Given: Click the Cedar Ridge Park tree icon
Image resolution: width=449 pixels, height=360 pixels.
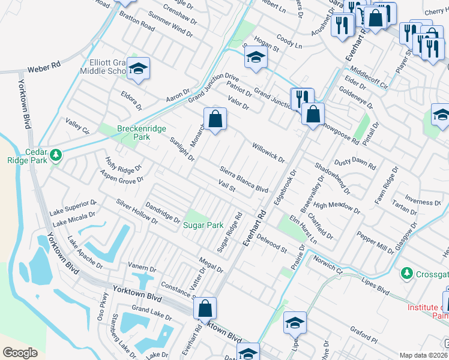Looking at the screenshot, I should click(x=56, y=155).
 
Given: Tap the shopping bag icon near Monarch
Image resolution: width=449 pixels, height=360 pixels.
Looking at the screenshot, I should click(x=215, y=119).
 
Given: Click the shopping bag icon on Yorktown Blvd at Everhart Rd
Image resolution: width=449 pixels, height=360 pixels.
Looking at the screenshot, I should click(x=205, y=308).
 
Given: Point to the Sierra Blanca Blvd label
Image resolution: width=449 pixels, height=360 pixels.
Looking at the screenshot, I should click(x=244, y=179).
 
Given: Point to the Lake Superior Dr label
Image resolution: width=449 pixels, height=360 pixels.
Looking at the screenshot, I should click(x=73, y=208).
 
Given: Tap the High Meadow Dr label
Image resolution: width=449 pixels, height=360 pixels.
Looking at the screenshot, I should click(x=337, y=208).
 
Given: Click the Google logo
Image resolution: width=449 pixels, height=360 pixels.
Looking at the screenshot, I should click(x=20, y=352).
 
